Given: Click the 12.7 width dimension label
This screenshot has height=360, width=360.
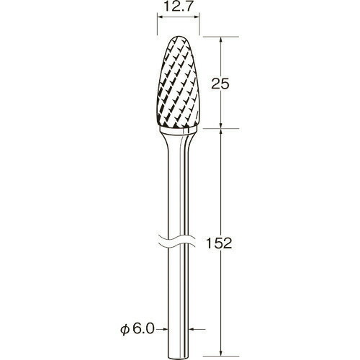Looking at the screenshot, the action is [x=179, y=7].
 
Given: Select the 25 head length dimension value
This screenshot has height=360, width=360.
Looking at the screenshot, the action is [x=220, y=84].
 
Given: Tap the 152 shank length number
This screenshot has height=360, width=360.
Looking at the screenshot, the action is [x=219, y=243].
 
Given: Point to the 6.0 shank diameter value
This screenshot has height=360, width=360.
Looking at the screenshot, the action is [x=143, y=329].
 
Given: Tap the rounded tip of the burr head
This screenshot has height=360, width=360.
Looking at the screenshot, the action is [x=179, y=37].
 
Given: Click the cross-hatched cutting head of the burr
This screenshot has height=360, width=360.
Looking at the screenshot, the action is [x=179, y=81].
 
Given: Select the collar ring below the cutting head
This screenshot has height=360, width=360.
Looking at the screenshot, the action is [x=179, y=131].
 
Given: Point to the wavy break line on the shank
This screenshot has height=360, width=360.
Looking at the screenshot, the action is [x=179, y=240].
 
